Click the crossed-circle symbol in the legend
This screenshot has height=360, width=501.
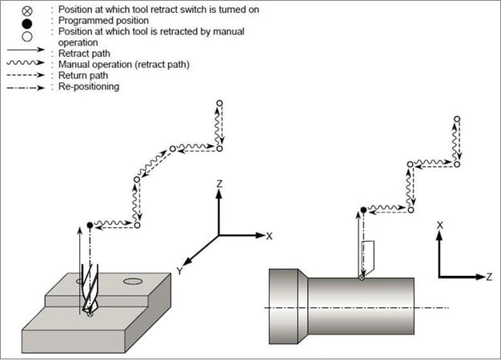[29, 10]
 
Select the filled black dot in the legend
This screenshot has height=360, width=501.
[29, 22]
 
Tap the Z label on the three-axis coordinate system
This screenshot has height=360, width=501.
[218, 184]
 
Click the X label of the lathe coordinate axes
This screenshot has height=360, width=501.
[440, 226]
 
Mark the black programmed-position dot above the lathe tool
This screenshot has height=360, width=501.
[363, 210]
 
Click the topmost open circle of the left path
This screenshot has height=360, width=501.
[219, 103]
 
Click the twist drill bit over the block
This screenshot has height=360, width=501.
[90, 288]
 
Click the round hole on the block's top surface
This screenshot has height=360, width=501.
[133, 280]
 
